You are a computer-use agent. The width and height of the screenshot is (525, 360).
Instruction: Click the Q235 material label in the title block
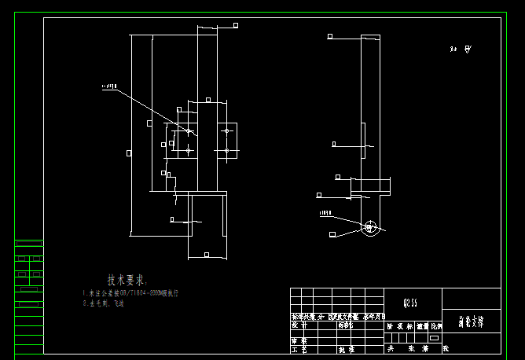(x=410, y=301)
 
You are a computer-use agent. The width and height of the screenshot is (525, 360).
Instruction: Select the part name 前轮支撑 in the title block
(x=472, y=321)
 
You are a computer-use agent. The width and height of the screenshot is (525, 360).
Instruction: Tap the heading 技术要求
(x=127, y=280)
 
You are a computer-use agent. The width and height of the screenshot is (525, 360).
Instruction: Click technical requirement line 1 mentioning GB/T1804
(x=131, y=293)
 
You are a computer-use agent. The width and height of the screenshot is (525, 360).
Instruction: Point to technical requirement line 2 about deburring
(x=105, y=303)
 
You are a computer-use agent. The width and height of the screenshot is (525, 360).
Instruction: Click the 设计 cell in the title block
(x=299, y=324)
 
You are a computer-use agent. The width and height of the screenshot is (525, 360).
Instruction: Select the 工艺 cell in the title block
(x=299, y=348)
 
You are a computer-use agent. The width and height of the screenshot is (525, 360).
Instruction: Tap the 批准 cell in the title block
(x=346, y=348)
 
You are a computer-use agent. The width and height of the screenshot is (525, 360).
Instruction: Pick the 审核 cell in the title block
(x=299, y=341)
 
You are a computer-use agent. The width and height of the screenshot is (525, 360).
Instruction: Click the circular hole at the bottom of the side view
(x=370, y=227)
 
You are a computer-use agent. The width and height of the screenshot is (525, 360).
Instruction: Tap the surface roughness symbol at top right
(x=468, y=50)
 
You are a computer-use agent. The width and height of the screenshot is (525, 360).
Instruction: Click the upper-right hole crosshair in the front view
(x=226, y=130)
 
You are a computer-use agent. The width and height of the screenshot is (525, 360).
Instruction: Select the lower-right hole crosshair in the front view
(x=226, y=150)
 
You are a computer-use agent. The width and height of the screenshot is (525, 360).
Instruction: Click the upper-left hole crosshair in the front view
(x=189, y=130)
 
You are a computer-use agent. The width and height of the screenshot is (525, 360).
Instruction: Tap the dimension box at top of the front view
(x=235, y=25)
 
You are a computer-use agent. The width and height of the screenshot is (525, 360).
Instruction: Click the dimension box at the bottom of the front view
(x=206, y=255)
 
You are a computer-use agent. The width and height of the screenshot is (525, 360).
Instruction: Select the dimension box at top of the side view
(x=329, y=36)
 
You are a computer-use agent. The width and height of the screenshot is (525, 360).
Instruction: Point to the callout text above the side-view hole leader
(x=325, y=213)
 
